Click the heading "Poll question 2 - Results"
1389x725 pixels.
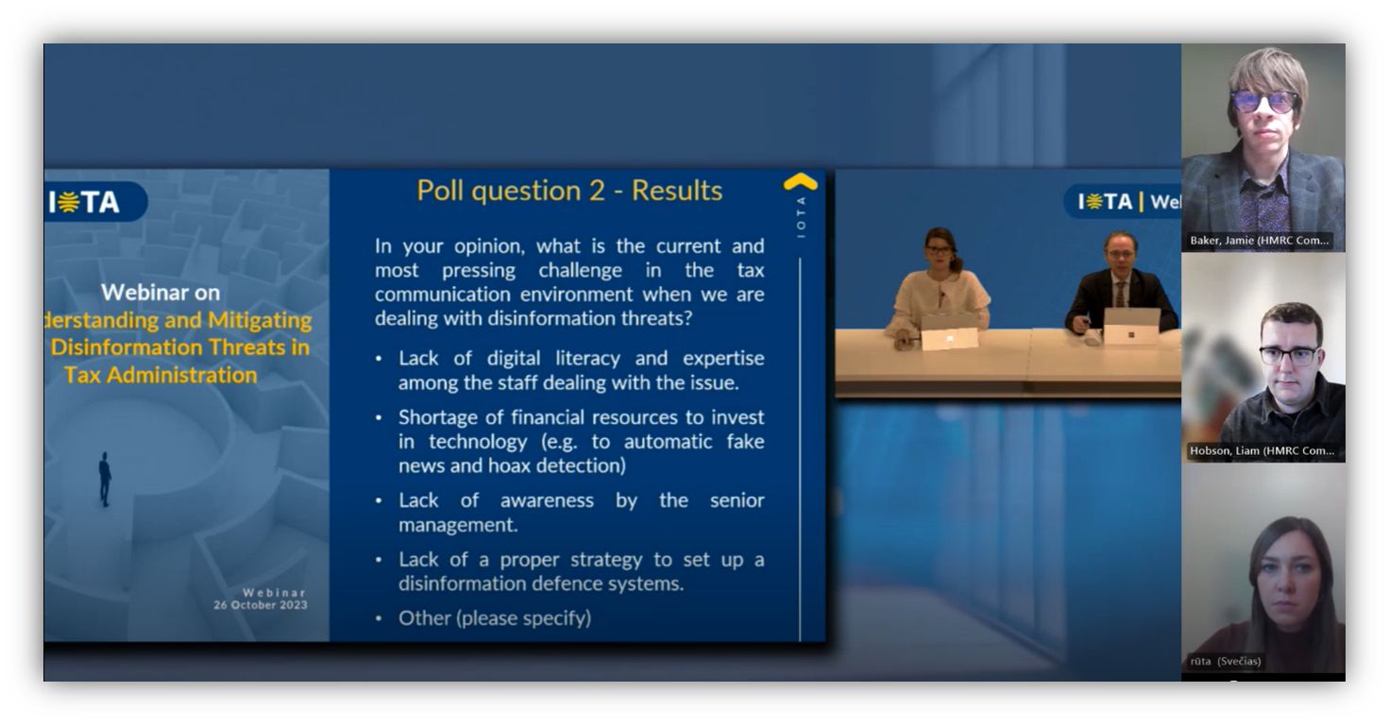(x=569, y=191)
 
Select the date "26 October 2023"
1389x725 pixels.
(x=261, y=605)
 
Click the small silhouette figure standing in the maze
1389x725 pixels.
(x=106, y=479)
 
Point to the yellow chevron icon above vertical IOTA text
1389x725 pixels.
(x=800, y=181)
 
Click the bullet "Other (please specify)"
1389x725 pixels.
(x=494, y=618)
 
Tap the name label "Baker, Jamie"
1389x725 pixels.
(x=1259, y=241)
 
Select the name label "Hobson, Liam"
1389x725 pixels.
(x=1262, y=451)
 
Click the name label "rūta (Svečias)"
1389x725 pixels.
(x=1226, y=661)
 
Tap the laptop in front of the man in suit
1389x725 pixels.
(x=1131, y=326)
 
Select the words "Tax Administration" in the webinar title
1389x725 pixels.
(x=160, y=375)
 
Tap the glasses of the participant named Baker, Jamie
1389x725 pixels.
(x=1264, y=101)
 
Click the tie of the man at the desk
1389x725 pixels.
(x=1121, y=293)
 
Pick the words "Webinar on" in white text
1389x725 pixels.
(x=161, y=292)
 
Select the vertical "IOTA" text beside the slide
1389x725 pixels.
(x=801, y=217)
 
